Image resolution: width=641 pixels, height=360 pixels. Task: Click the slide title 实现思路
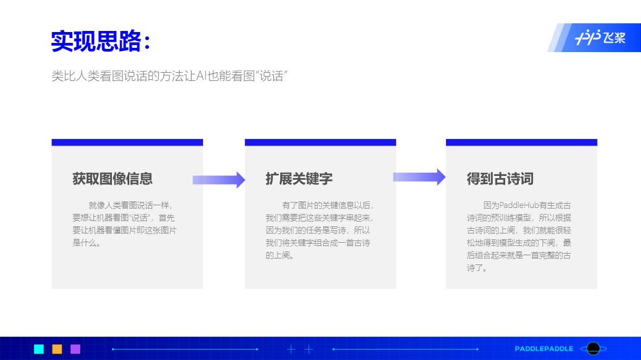click(x=97, y=41)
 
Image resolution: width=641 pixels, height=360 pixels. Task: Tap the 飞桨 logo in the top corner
click(x=600, y=37)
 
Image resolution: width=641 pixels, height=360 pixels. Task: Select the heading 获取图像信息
click(x=112, y=179)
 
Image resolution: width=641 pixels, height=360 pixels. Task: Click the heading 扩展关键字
click(x=299, y=179)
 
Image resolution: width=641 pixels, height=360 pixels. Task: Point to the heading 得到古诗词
click(x=500, y=179)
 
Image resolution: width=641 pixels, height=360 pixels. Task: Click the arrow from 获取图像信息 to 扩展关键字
click(x=219, y=180)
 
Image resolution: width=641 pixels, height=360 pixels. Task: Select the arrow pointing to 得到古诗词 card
click(x=419, y=177)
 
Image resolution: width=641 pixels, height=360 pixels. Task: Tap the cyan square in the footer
click(x=39, y=349)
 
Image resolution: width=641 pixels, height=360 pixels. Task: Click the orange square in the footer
click(x=57, y=349)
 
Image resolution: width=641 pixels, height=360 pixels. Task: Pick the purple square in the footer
click(x=75, y=349)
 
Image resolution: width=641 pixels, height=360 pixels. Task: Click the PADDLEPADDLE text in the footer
click(x=544, y=349)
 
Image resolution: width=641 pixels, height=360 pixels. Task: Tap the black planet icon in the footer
click(x=593, y=349)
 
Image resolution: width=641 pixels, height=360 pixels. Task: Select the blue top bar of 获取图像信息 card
click(x=127, y=142)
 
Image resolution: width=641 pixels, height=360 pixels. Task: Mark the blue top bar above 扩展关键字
click(x=320, y=142)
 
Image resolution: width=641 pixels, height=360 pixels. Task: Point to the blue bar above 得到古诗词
click(x=521, y=142)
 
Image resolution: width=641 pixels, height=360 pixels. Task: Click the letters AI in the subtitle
click(x=201, y=76)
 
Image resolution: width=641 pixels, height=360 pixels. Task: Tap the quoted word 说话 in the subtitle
click(x=272, y=76)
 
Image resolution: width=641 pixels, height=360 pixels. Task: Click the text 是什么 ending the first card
click(x=85, y=243)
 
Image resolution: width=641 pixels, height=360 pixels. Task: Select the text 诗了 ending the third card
click(x=475, y=268)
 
